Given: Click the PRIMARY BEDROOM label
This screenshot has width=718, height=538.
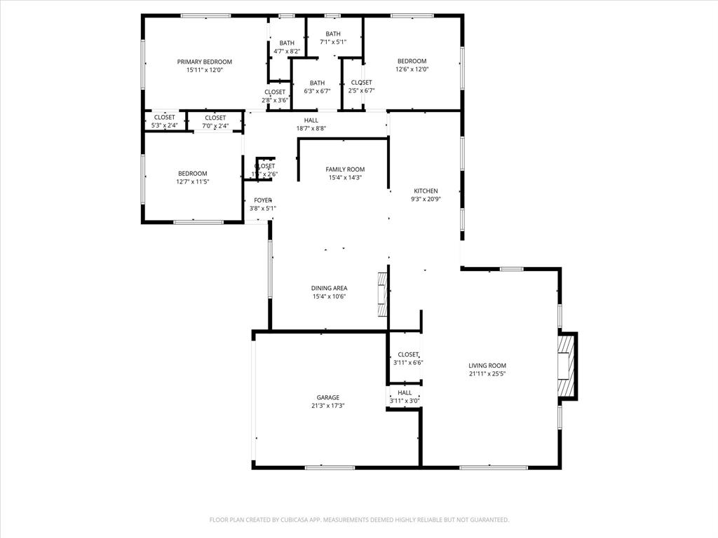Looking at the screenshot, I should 204,62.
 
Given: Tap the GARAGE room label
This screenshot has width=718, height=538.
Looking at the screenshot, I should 328,397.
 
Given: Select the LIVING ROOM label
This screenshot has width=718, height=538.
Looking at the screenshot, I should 487,366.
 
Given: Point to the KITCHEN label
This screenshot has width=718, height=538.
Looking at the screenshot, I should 426,191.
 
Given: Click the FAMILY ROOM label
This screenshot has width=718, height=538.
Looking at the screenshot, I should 345,170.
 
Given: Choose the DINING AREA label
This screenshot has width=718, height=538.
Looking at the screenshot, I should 330,288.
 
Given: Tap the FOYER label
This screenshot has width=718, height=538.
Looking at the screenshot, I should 263,200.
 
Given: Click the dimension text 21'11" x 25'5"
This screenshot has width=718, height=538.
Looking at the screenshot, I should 487,374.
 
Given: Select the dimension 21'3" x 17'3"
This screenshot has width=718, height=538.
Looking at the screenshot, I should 328,406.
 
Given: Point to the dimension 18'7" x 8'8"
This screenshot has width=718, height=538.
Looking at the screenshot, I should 311,128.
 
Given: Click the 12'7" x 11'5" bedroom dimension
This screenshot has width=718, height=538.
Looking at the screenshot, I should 192,181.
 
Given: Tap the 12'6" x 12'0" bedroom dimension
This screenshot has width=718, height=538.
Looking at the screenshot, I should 412,69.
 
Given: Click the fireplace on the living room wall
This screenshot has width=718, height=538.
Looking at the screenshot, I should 565,366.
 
